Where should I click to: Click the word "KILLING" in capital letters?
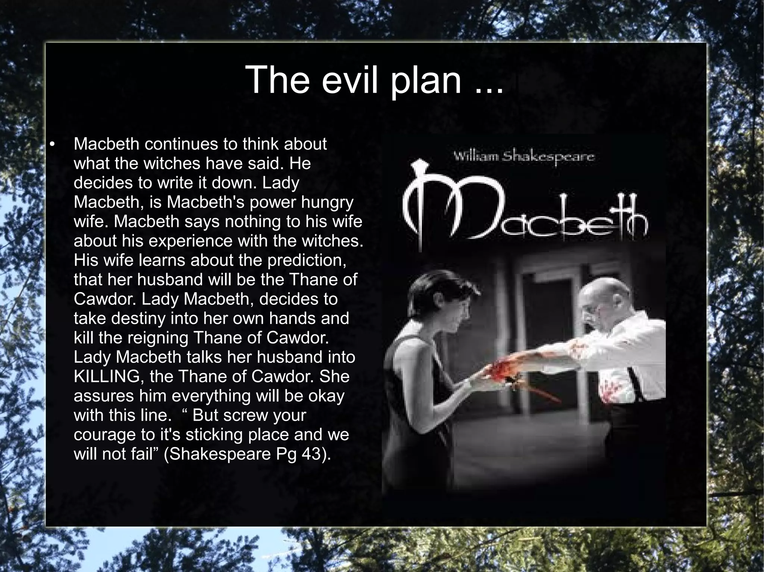(107, 377)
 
